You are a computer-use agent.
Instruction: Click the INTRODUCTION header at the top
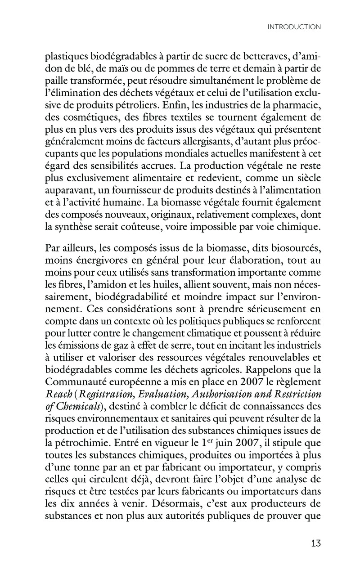tap(294, 27)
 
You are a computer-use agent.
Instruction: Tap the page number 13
tap(315, 543)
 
